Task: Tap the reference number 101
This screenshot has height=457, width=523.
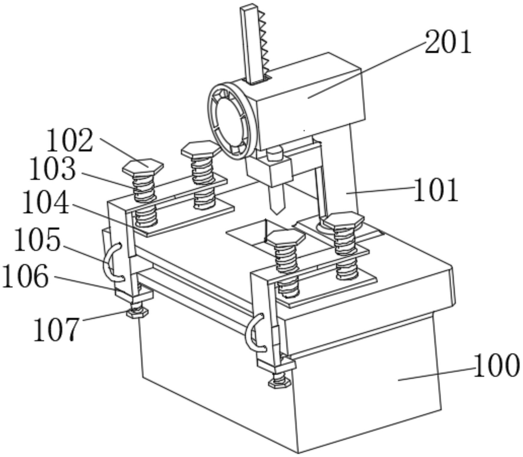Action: tap(436, 190)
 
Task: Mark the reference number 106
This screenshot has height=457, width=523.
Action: tap(25, 276)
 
